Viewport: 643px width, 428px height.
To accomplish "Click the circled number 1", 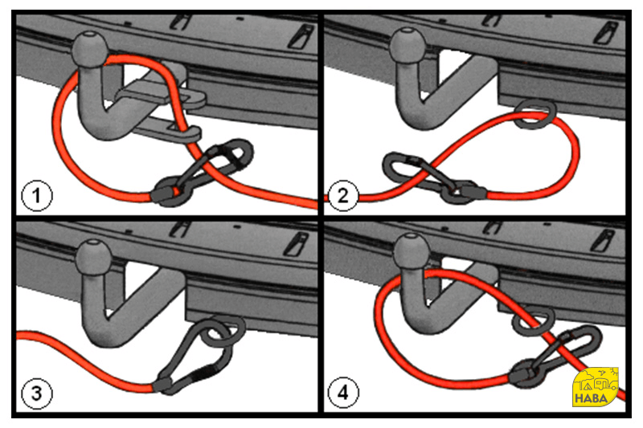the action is tap(36, 195).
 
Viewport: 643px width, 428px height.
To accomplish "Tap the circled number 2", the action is tap(343, 195).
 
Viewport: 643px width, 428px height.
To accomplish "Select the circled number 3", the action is tap(36, 393).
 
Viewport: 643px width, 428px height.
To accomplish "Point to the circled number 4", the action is tap(343, 393).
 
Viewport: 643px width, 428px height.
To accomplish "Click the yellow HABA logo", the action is tap(595, 387).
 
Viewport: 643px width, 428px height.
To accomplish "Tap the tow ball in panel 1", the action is tap(90, 48).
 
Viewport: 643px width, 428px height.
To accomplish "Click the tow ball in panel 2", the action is tap(407, 45).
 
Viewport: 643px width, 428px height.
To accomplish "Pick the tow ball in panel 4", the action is tap(411, 251).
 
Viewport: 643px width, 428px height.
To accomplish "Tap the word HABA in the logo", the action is tap(591, 398).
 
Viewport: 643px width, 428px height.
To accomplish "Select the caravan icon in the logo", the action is tap(606, 384).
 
